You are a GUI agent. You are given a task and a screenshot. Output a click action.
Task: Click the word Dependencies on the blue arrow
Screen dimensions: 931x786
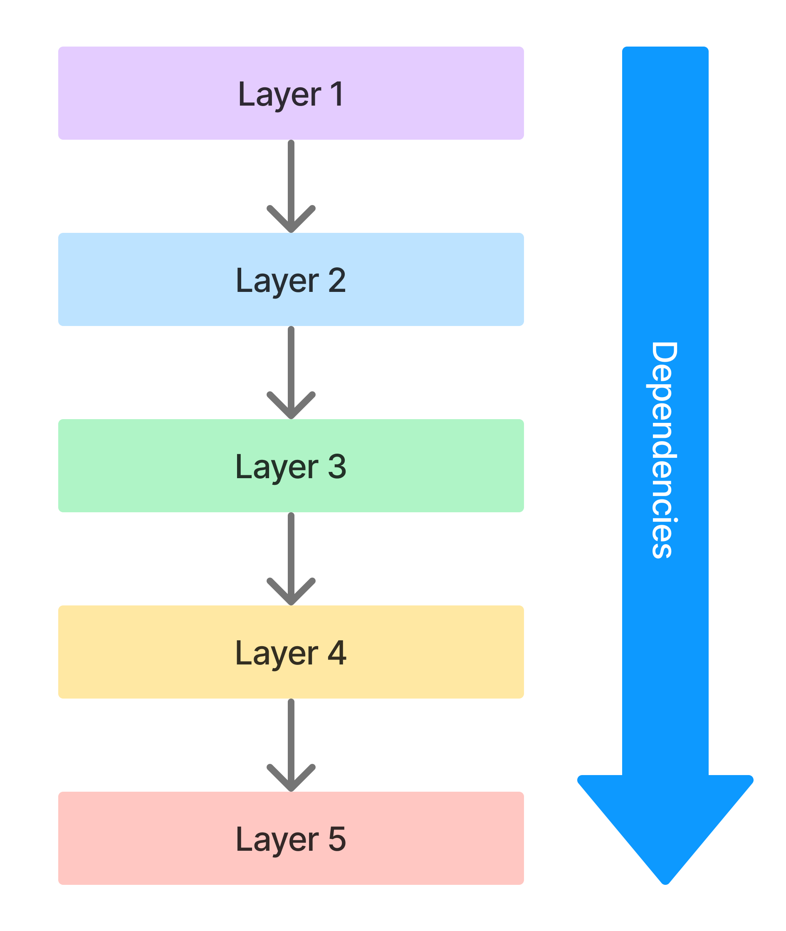click(665, 450)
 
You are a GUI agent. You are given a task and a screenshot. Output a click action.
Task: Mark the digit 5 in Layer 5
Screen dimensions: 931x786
click(337, 839)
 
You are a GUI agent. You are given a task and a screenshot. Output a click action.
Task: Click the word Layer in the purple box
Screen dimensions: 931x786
click(279, 94)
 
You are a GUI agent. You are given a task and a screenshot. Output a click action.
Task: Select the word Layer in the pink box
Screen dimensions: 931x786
click(277, 840)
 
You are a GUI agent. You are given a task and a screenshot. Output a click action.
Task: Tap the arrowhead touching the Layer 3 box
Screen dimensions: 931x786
click(291, 405)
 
